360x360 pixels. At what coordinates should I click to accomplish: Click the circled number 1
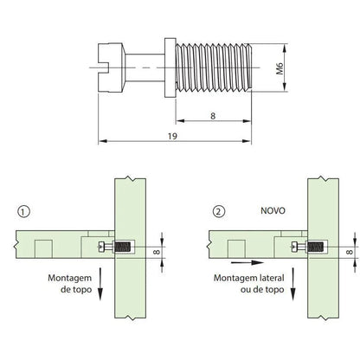(23, 210)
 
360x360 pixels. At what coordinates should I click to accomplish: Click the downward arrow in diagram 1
(101, 285)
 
